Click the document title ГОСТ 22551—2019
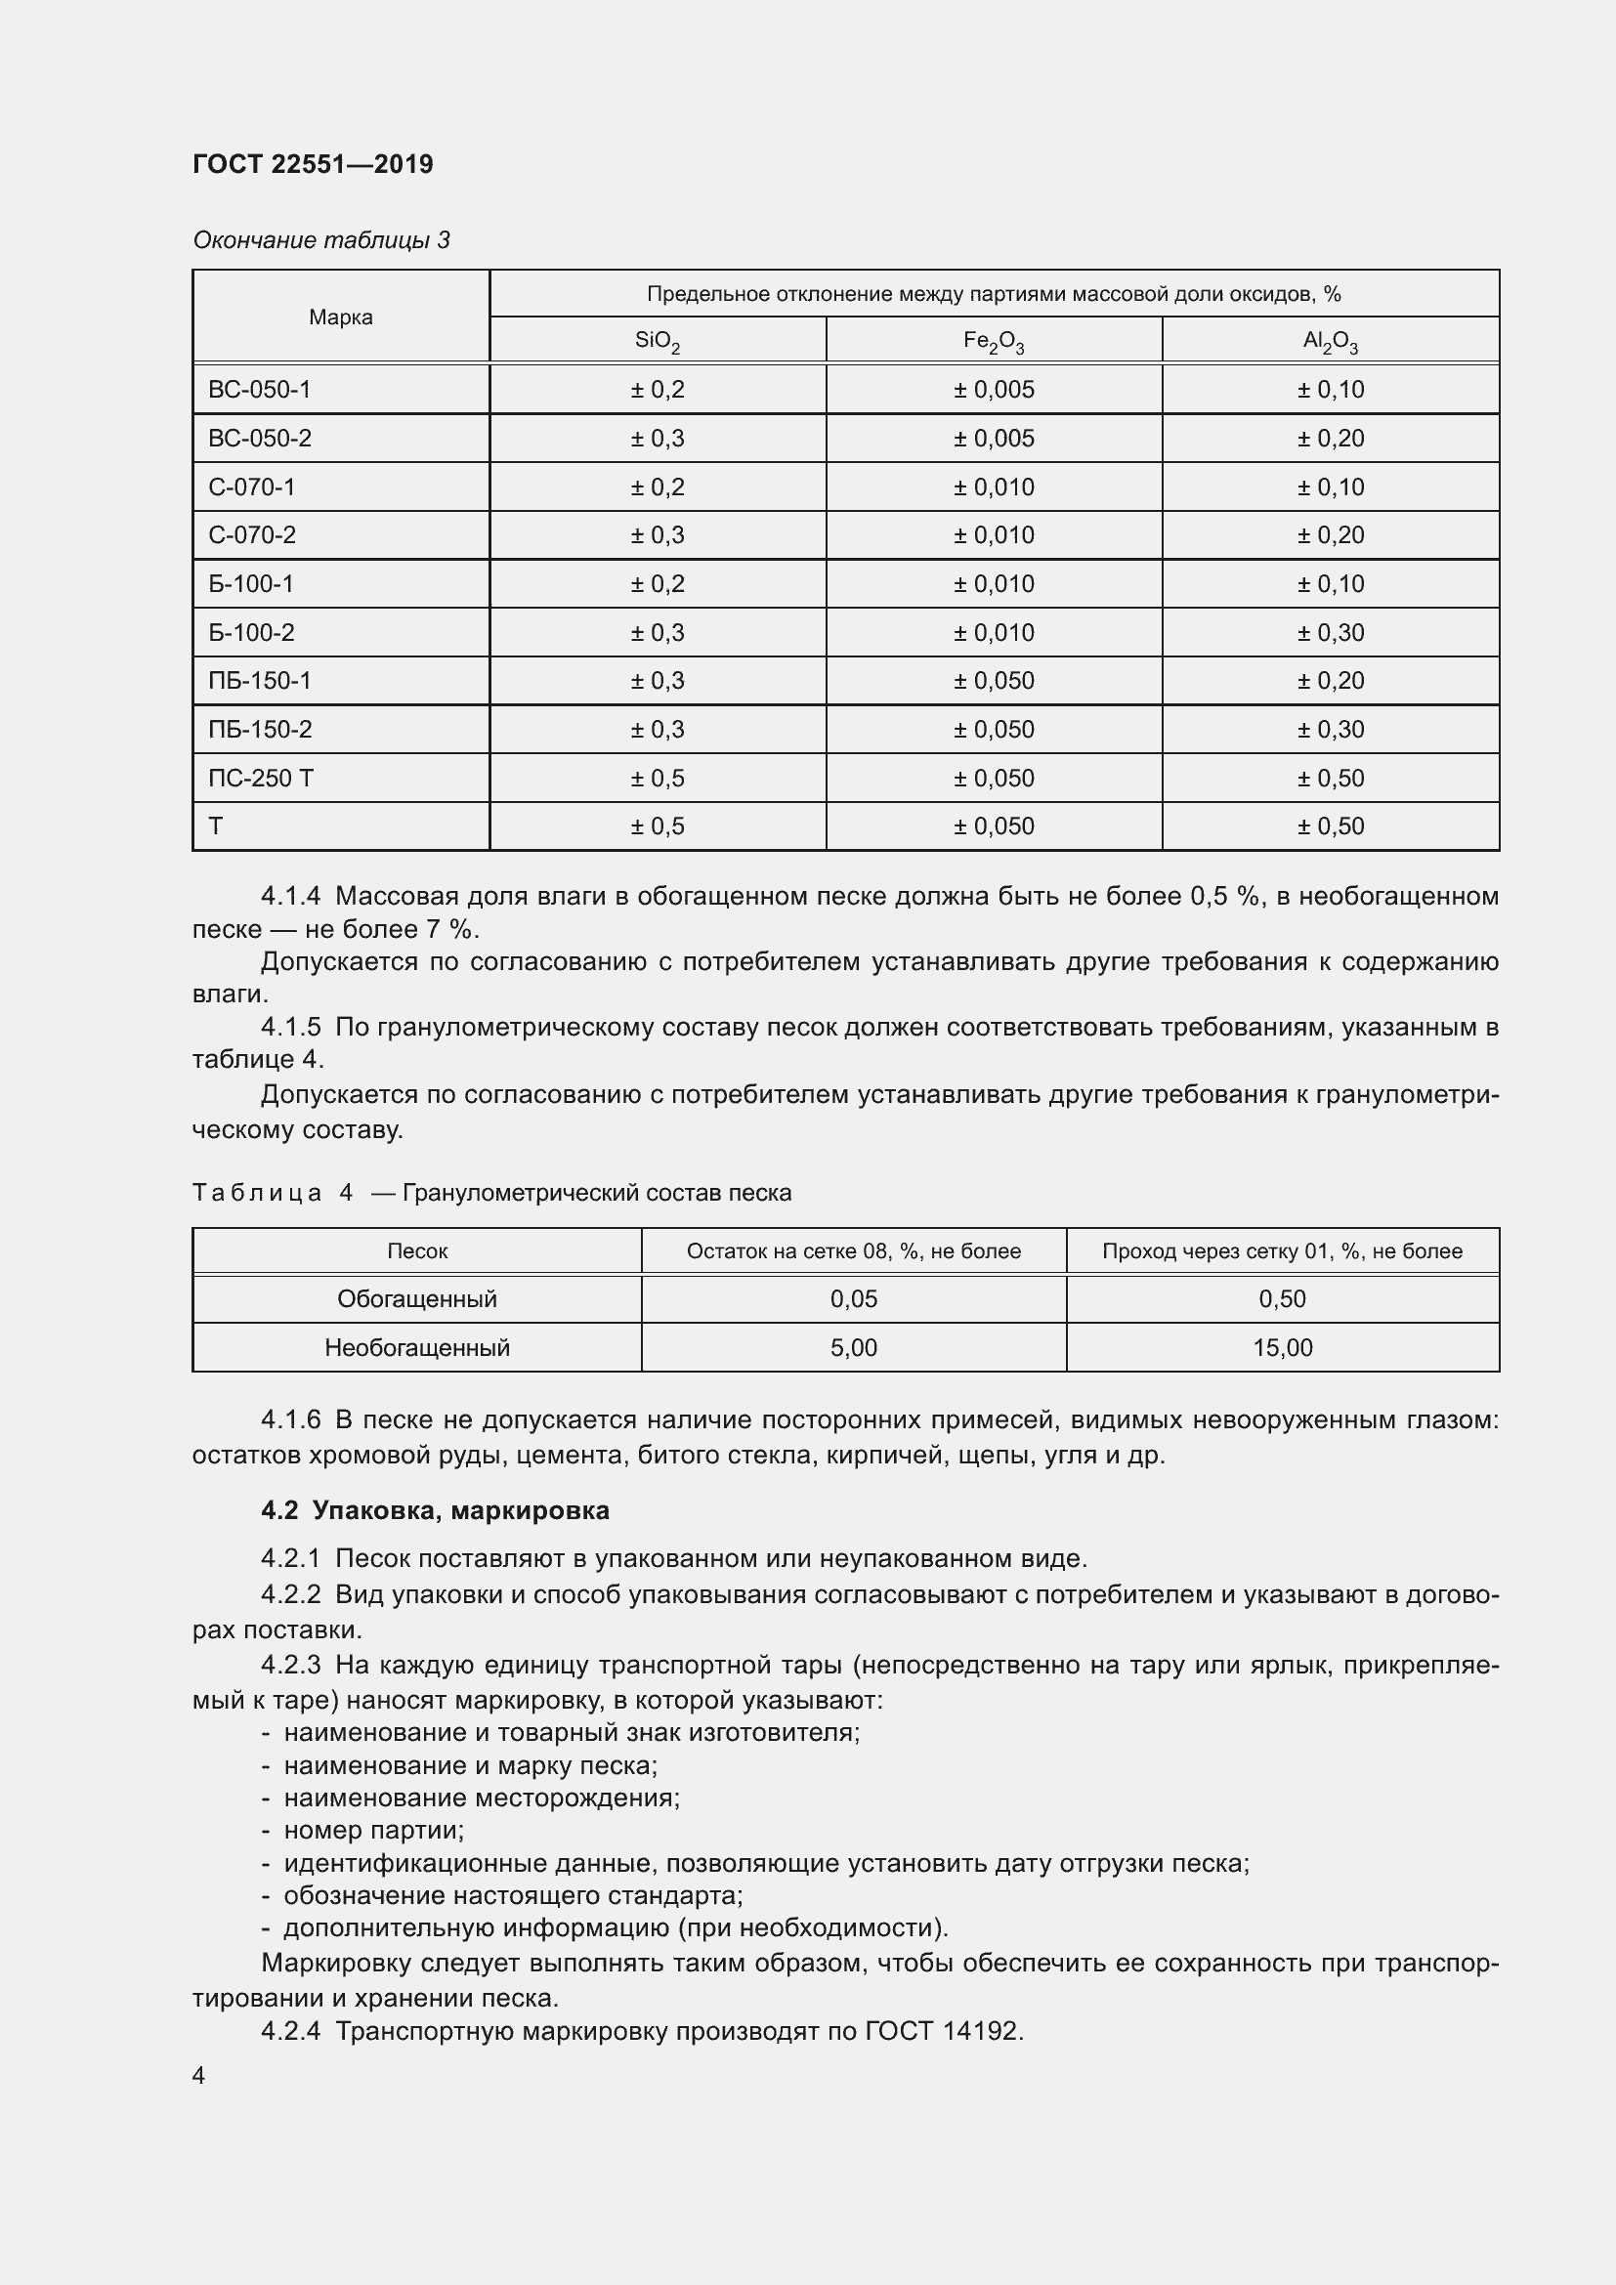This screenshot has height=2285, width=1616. point(313,164)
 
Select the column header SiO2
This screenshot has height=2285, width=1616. point(657,341)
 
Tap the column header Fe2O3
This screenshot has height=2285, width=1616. point(993,341)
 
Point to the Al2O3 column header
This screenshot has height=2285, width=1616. point(1330,341)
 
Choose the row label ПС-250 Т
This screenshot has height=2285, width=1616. point(260,779)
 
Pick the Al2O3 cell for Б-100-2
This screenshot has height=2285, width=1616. point(1330,633)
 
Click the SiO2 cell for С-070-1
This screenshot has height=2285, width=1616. point(657,487)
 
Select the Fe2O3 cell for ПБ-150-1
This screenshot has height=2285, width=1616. point(993,681)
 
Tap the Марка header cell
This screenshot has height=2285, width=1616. point(340,317)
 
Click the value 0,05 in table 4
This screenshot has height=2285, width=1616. point(853,1298)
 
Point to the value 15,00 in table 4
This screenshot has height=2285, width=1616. point(1282,1347)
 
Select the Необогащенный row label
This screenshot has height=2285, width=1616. point(417,1347)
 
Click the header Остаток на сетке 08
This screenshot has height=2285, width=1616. point(853,1251)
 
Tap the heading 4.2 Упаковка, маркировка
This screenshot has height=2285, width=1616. point(435,1509)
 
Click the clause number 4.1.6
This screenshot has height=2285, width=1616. point(290,1420)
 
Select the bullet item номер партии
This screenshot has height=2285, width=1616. point(373,1829)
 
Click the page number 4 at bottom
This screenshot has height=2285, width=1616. point(199,2075)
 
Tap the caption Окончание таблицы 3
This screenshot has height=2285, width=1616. point(320,240)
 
